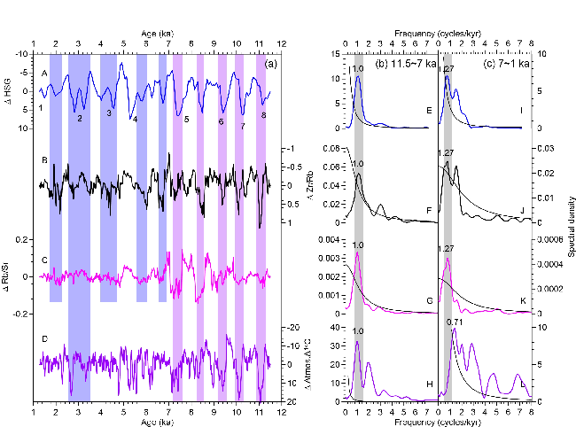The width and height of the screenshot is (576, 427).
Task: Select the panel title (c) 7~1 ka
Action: pos(506,64)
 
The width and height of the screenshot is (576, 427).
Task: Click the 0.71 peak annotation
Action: pos(455,322)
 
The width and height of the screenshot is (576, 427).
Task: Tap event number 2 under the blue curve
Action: pos(79,118)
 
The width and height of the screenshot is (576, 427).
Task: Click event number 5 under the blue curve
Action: pos(187,119)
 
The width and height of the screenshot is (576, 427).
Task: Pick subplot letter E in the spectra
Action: pos(428,110)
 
